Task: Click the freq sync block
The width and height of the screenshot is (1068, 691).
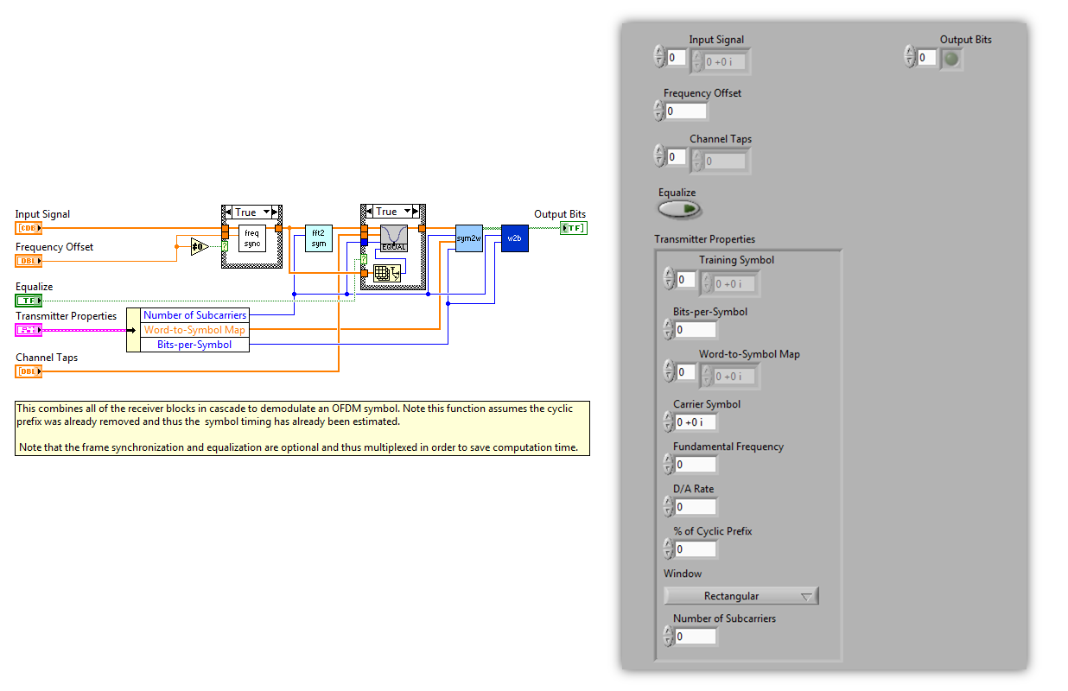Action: pos(252,237)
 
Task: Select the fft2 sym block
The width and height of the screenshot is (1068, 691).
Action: pos(319,238)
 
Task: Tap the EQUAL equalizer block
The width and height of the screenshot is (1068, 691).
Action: pos(394,238)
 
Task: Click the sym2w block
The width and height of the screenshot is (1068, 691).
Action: pos(468,238)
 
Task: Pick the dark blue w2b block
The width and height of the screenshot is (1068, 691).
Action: pos(514,238)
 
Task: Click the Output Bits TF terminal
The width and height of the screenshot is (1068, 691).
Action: pos(573,228)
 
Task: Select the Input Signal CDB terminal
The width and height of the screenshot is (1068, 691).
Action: pos(29,228)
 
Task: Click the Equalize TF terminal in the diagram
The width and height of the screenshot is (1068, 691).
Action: pos(29,301)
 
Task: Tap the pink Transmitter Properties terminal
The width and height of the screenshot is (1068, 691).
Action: pos(29,330)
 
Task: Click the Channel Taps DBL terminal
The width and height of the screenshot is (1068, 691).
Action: pos(29,371)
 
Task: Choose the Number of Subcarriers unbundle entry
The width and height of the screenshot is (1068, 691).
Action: pos(195,315)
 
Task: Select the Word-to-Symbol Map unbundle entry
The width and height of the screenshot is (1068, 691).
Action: pos(194,330)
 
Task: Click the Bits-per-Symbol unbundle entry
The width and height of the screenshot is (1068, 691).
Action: pos(194,345)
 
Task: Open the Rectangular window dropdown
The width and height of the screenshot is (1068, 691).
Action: pos(741,596)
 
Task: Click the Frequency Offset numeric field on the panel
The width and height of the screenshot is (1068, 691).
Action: pos(686,111)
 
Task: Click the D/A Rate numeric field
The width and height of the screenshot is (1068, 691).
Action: pos(696,507)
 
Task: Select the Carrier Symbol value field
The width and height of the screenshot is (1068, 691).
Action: pos(696,422)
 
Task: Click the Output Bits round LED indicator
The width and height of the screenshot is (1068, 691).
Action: pos(951,59)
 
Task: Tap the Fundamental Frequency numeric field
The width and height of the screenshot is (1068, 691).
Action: pos(696,465)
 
